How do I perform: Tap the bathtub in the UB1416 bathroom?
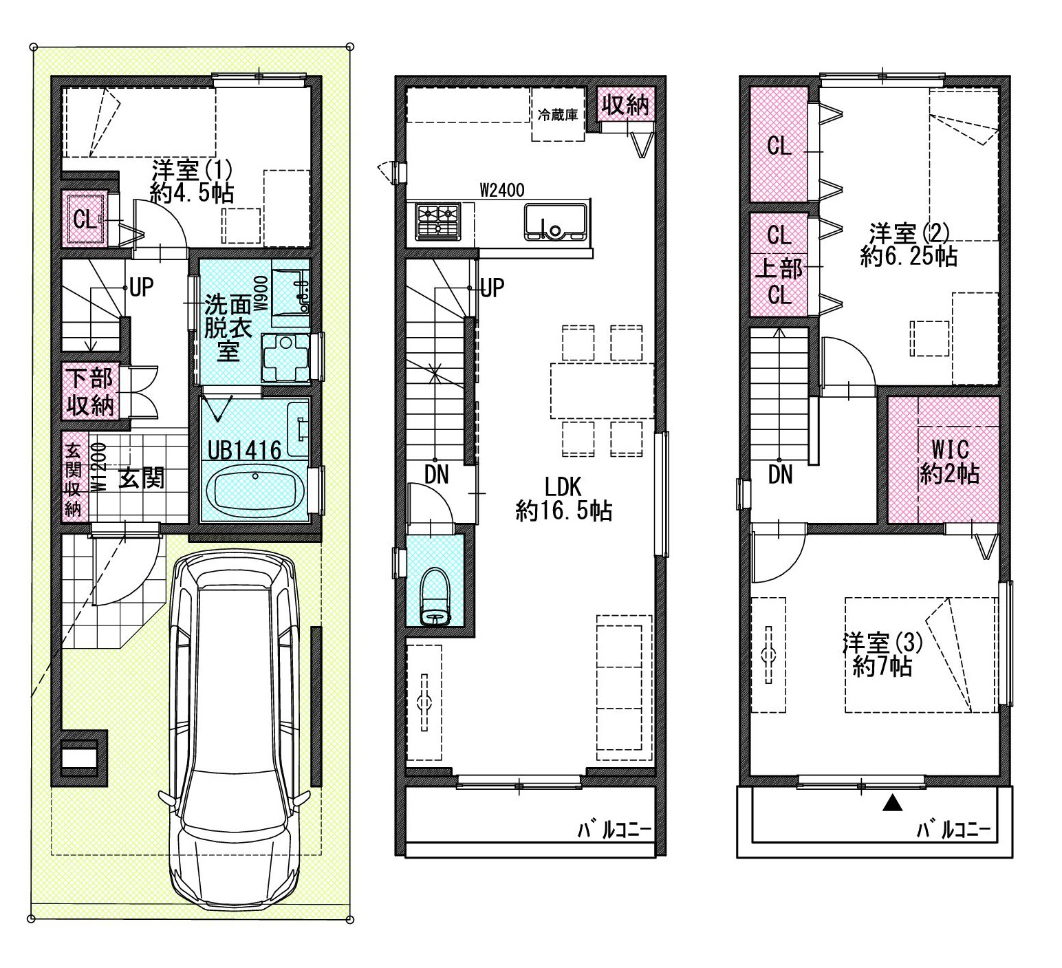pos(255,492)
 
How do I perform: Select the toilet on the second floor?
pos(435,596)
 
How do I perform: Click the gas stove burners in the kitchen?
pos(437,221)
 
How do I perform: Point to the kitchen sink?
pos(556,222)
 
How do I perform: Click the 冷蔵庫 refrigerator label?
pos(557,115)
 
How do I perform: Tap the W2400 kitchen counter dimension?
pos(502,190)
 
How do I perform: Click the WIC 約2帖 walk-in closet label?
pos(950,462)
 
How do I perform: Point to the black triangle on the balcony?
pos(892,802)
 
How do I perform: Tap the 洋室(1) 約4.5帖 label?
pos(192,180)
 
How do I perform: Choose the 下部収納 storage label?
pos(90,392)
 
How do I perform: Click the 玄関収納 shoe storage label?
pos(73,480)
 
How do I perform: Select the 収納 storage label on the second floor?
pos(625,105)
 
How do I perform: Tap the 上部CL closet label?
pos(779,281)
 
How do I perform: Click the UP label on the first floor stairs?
pos(141,288)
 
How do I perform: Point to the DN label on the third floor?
pos(781,474)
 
